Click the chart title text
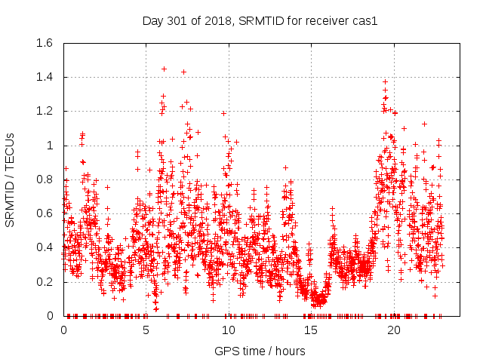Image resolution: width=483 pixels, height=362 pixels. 260,20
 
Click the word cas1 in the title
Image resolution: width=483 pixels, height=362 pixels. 365,20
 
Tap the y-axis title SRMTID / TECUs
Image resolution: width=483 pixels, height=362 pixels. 11,179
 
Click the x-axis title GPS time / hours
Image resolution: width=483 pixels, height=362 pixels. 260,351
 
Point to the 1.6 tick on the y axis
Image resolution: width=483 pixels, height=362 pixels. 43,43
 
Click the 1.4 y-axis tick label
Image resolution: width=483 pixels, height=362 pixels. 43,77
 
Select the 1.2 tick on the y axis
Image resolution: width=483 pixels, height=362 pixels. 43,111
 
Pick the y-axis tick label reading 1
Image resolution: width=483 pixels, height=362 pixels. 50,146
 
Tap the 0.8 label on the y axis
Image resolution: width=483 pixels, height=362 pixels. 43,179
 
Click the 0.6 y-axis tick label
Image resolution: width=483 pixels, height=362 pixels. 43,213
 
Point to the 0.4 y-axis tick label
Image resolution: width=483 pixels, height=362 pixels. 43,247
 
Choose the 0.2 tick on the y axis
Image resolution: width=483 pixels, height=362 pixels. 43,282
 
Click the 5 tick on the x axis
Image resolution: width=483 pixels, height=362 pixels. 146,330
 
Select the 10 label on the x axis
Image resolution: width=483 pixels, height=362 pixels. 228,330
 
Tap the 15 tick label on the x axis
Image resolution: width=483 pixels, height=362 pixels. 310,330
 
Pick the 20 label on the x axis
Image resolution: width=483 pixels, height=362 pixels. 393,330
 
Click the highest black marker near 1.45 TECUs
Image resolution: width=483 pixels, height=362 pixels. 164,69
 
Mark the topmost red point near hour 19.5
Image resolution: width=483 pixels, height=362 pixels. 385,81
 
